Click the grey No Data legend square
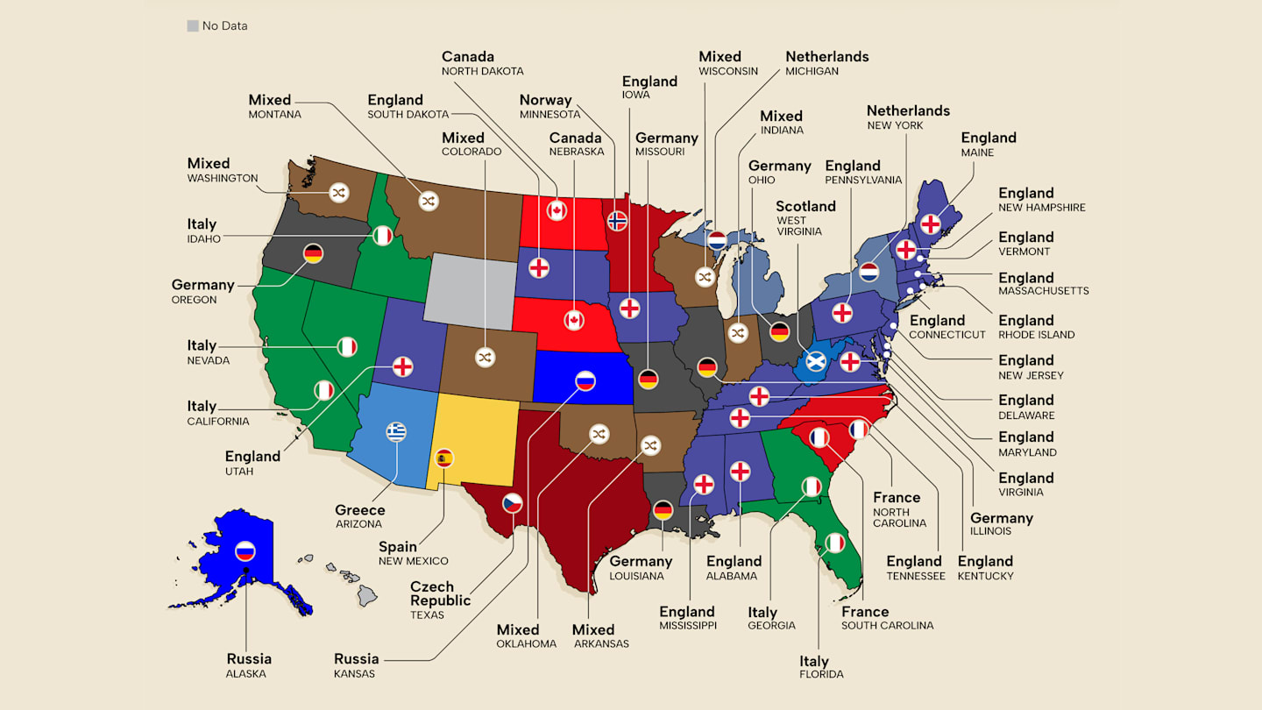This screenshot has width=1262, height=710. [x=193, y=26]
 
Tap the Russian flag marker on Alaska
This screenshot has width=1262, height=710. [x=245, y=551]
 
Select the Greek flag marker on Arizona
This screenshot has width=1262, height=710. [x=397, y=431]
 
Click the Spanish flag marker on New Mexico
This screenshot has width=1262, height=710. [x=444, y=458]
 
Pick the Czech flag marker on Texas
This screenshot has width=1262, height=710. [x=513, y=503]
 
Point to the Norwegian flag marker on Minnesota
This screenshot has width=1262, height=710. [x=618, y=220]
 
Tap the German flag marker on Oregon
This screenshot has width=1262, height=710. [x=313, y=253]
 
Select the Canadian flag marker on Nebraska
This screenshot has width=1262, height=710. [x=574, y=320]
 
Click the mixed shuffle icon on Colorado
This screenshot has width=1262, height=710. [x=485, y=358]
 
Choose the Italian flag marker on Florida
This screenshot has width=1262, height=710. [x=835, y=543]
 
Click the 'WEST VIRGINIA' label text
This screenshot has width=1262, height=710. [x=798, y=226]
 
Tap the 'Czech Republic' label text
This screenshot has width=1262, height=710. [x=441, y=593]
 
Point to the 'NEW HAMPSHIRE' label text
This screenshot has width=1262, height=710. [x=1042, y=208]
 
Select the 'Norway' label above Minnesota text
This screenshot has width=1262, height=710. [x=545, y=100]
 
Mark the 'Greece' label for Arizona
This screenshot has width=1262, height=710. [x=359, y=510]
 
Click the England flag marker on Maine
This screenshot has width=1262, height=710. [x=930, y=224]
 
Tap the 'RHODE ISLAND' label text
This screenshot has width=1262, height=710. [x=1037, y=335]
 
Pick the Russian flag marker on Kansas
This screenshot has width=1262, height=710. [x=585, y=380]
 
